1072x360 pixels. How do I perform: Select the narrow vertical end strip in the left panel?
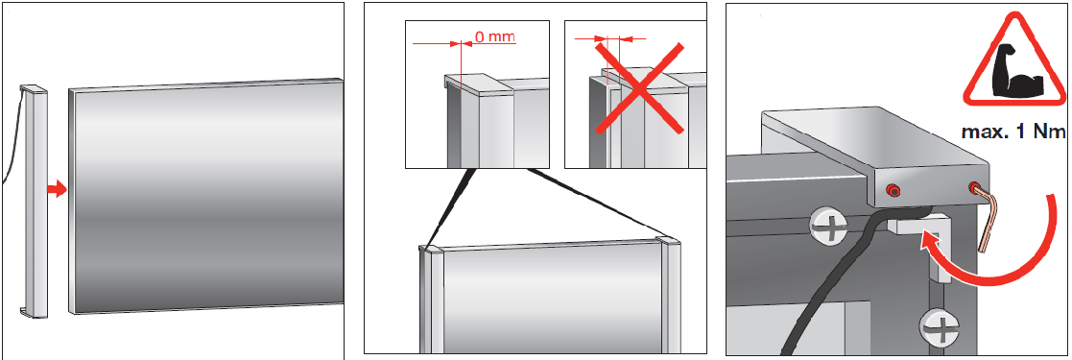pos(34,202)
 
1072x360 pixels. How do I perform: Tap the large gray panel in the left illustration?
pos(205,197)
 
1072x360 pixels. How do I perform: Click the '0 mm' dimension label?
pos(494,36)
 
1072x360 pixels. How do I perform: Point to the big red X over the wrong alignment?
pos(636,86)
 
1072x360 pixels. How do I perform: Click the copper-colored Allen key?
pos(985,216)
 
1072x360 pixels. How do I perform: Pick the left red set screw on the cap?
pos(893,189)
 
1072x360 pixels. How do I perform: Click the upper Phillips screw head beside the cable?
pos(828,226)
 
